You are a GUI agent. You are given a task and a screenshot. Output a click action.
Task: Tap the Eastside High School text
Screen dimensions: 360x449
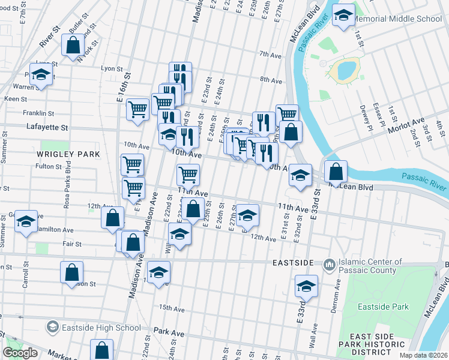[101, 328]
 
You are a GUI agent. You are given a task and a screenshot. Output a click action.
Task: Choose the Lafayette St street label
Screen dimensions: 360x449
[47, 127]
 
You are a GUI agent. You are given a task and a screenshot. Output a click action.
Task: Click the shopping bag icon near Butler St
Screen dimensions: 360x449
[73, 45]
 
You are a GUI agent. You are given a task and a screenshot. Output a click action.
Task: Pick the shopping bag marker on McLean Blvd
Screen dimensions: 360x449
[336, 172]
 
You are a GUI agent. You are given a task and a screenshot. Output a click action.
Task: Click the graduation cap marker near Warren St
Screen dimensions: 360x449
[41, 74]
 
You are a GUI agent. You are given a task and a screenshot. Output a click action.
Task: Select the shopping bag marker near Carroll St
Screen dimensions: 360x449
[71, 272]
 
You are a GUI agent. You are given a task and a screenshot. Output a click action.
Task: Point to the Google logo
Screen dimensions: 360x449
[20, 353]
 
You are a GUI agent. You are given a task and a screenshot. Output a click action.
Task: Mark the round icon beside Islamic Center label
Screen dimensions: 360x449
[329, 265]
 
